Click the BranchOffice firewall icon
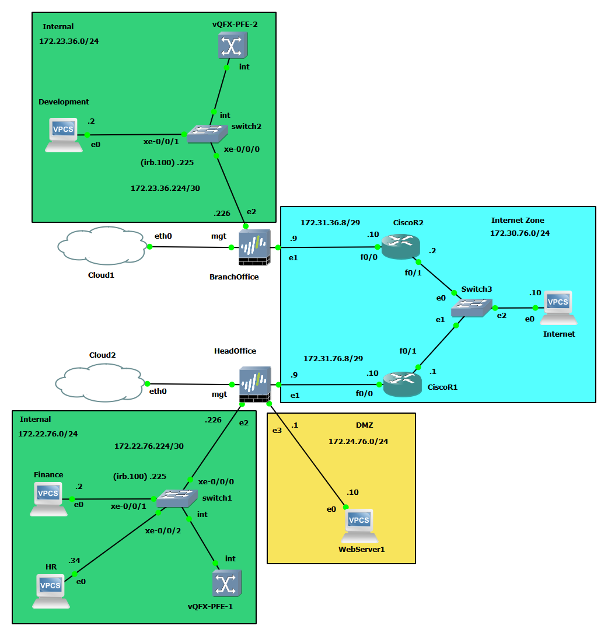coord(255,248)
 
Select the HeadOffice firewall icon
coord(255,385)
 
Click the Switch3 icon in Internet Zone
coord(471,307)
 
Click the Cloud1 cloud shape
coord(102,246)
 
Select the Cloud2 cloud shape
coord(100,383)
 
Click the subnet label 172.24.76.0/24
coord(358,442)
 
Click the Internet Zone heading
coord(518,221)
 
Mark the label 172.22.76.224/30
coord(149,446)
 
